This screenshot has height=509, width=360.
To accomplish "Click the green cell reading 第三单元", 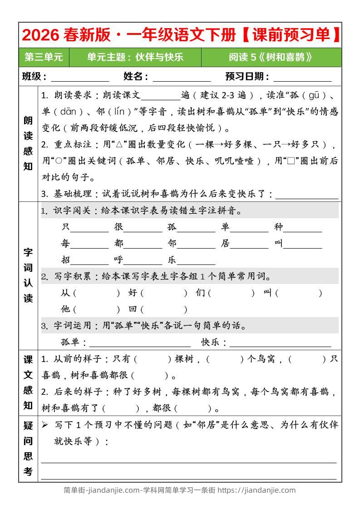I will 44,57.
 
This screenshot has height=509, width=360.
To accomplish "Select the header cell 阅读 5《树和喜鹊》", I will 271,57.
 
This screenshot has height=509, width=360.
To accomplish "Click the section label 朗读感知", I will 28,143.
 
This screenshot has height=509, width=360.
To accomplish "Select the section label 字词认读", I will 28,275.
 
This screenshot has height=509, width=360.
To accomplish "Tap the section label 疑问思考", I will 28,448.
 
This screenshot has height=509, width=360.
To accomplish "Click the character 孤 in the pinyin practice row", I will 172,227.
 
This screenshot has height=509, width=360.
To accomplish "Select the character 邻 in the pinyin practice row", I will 172,244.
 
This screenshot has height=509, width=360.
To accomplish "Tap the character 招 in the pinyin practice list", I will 66,260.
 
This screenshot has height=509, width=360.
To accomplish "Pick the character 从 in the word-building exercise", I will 66,293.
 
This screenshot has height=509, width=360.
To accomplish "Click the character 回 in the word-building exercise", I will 133,309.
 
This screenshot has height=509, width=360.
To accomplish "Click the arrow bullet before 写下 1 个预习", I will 45,425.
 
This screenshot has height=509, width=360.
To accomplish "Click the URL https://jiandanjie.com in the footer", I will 256,490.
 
